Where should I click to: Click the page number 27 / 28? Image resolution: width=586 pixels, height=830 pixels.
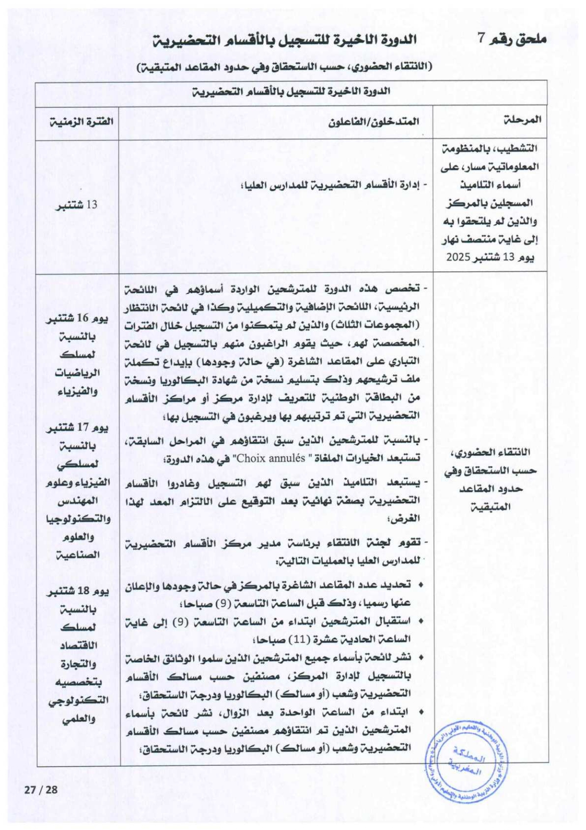pos(41,790)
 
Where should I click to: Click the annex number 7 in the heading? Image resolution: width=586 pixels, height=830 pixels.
pos(481,39)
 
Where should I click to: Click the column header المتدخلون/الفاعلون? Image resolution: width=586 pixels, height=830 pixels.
pos(374,122)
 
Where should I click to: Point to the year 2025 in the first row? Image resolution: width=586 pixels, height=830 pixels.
pos(458,257)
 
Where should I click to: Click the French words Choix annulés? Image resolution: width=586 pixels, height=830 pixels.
pos(270,458)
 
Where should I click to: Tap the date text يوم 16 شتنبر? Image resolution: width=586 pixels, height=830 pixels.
pos(77,318)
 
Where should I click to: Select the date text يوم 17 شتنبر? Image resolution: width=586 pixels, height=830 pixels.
pos(77,428)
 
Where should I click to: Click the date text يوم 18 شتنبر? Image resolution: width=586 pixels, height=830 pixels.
pos(77,592)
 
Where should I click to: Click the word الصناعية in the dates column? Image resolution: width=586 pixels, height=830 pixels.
pos(78,555)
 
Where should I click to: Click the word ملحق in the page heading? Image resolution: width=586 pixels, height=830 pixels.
pos(531,39)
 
